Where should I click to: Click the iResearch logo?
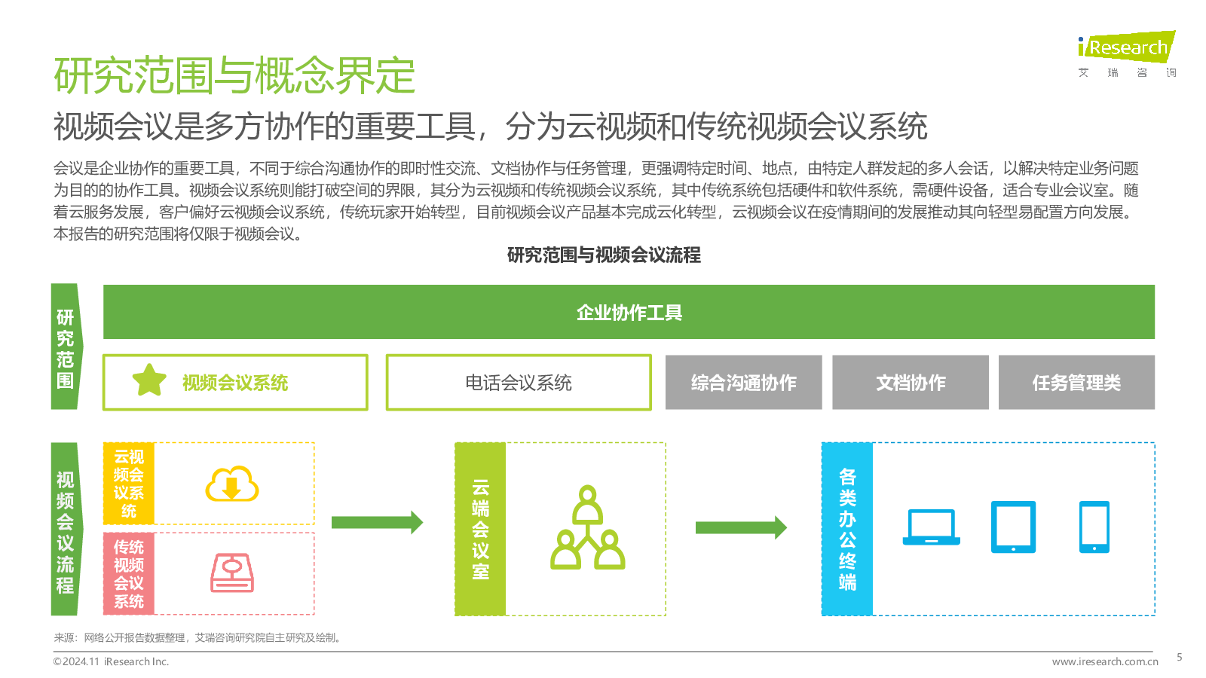(x=1127, y=53)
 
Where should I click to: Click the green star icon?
(x=149, y=380)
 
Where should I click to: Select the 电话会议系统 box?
(x=519, y=383)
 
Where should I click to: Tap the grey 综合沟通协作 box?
(x=743, y=383)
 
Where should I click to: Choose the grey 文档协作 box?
(x=911, y=383)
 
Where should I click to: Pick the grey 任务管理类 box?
(x=1077, y=383)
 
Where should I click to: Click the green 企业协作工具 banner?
(x=629, y=312)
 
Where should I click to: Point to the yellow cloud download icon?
(x=232, y=484)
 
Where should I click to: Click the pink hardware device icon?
(x=232, y=573)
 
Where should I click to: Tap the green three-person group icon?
(x=587, y=527)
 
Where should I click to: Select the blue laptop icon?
(x=932, y=527)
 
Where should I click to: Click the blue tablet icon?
(x=1013, y=527)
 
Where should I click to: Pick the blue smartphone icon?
(x=1094, y=527)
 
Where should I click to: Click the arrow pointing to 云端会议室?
(x=378, y=522)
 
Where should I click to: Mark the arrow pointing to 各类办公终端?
(x=742, y=527)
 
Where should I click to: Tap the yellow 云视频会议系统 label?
(x=129, y=483)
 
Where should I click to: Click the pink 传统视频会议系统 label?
(x=129, y=573)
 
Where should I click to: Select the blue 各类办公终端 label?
(x=847, y=529)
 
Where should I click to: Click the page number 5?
(x=1179, y=657)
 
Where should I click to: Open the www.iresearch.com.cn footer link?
(x=1105, y=661)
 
